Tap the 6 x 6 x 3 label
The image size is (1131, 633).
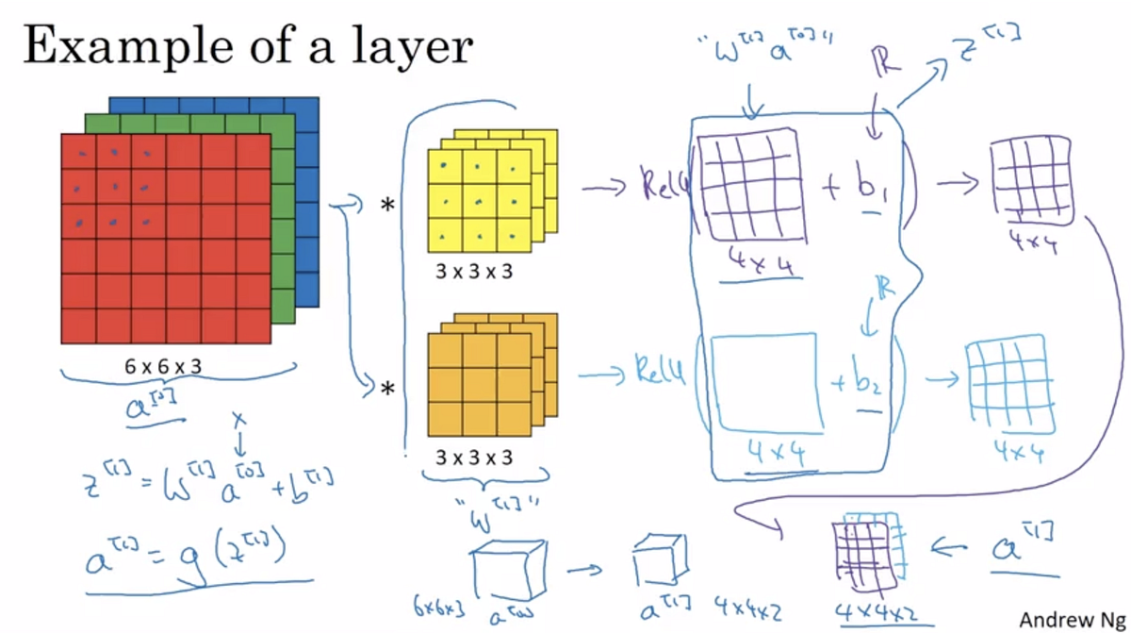pyautogui.click(x=163, y=366)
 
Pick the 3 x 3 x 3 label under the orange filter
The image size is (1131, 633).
pyautogui.click(x=474, y=458)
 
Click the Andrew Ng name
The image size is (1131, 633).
pyautogui.click(x=1071, y=619)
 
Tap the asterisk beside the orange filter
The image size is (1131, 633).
pyautogui.click(x=387, y=388)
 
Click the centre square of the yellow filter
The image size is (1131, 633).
pyautogui.click(x=478, y=201)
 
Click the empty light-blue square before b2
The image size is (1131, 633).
pyautogui.click(x=763, y=380)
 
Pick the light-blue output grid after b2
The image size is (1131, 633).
pyautogui.click(x=1008, y=381)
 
